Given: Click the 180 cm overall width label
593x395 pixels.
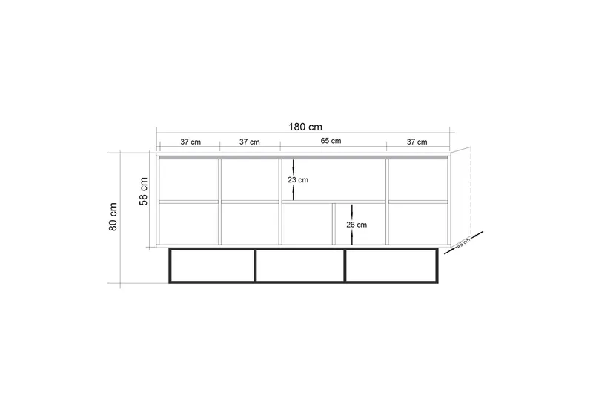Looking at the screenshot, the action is pos(305,127).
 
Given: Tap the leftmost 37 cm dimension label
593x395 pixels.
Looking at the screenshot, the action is pos(191,142).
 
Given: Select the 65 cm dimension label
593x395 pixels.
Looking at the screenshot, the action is pos(331,141).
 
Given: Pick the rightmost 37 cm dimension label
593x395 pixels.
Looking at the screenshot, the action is pos(417,142).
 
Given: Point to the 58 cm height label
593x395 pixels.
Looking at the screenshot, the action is pos(144,191).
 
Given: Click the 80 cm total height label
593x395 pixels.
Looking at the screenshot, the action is pos(113,216).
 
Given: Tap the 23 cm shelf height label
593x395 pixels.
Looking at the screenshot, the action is pos(298,180).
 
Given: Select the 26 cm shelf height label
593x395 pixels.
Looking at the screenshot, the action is pos(357,225).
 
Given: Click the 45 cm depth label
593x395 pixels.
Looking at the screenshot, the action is pos(463,242).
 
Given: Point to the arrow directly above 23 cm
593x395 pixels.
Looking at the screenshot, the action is pos(293,167).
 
